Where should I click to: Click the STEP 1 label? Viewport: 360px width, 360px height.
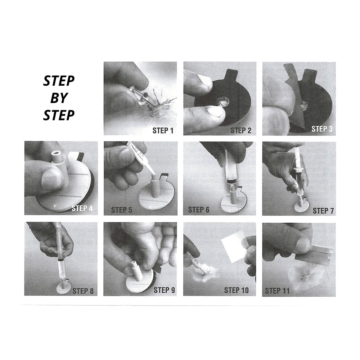(163, 130)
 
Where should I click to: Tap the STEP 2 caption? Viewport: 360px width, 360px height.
(241, 130)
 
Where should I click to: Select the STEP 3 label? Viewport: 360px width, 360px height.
(321, 129)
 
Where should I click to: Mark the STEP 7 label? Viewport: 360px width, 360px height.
(321, 210)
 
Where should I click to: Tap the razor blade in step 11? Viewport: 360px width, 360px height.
(317, 254)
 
